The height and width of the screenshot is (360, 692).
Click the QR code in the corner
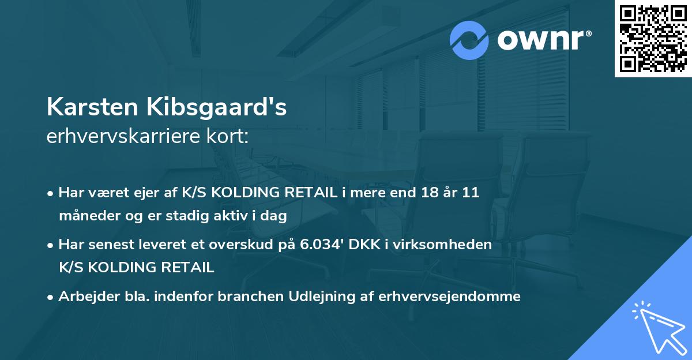(653, 39)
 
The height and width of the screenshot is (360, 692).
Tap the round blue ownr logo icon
(469, 40)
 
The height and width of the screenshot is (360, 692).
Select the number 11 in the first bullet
(471, 193)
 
